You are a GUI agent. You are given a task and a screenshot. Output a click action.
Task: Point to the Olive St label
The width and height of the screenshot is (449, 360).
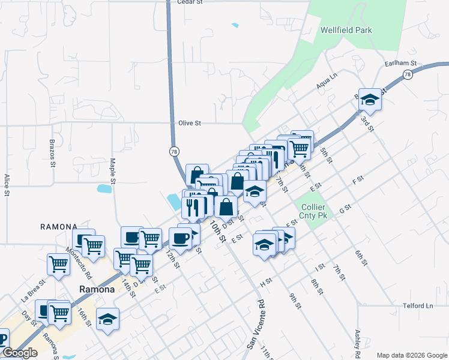(189, 123)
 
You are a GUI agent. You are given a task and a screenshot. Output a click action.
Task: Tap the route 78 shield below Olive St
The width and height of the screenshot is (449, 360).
(173, 151)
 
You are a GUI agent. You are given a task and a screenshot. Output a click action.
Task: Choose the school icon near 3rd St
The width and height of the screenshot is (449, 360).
(370, 100)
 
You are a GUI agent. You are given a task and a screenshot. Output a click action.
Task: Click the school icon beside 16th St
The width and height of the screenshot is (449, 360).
(107, 319)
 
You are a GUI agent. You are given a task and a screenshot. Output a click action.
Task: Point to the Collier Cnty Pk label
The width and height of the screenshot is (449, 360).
(315, 211)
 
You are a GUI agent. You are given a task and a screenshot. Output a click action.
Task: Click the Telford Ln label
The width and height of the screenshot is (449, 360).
(418, 305)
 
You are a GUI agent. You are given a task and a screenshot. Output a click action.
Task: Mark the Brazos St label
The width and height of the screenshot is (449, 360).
(53, 155)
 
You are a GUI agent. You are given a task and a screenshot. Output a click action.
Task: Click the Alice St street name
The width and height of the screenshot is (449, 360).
(7, 185)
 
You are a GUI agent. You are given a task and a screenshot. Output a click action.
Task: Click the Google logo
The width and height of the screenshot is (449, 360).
(20, 353)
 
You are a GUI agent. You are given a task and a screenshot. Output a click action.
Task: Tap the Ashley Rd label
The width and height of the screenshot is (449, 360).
(358, 342)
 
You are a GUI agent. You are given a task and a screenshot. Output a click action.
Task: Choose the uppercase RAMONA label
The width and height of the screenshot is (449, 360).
(58, 227)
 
